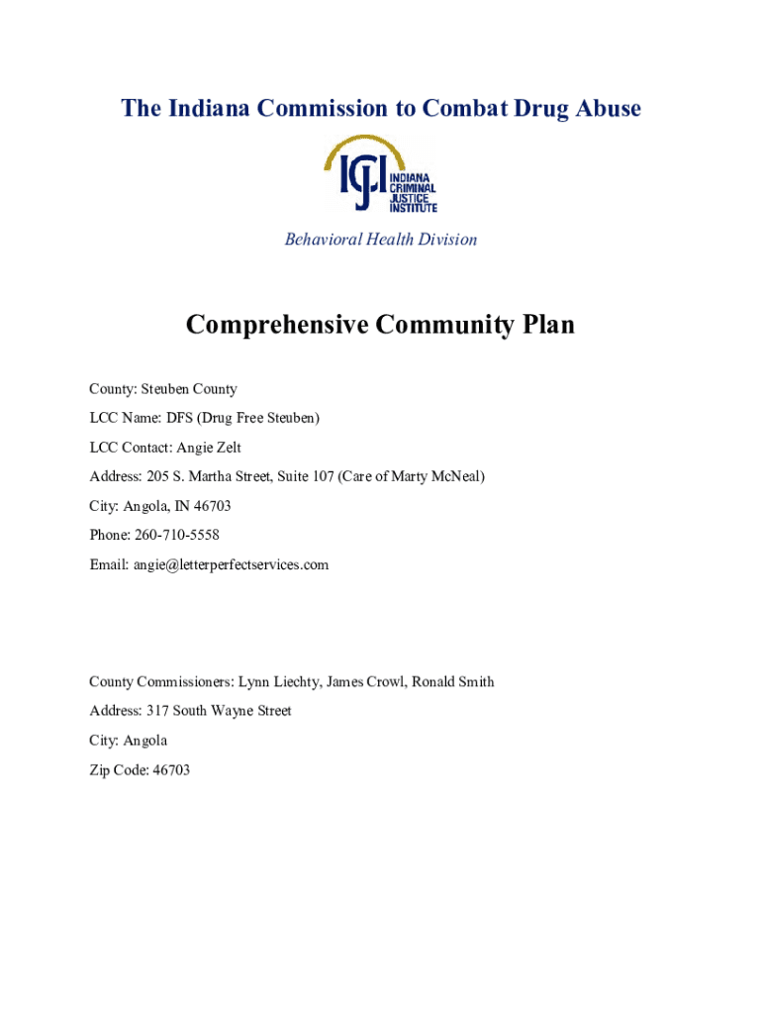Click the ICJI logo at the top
[x=381, y=175]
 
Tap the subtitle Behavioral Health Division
[x=381, y=239]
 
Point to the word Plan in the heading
[x=546, y=325]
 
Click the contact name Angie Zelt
[x=209, y=448]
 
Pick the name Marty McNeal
[x=432, y=477]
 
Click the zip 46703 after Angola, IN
[x=212, y=506]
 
